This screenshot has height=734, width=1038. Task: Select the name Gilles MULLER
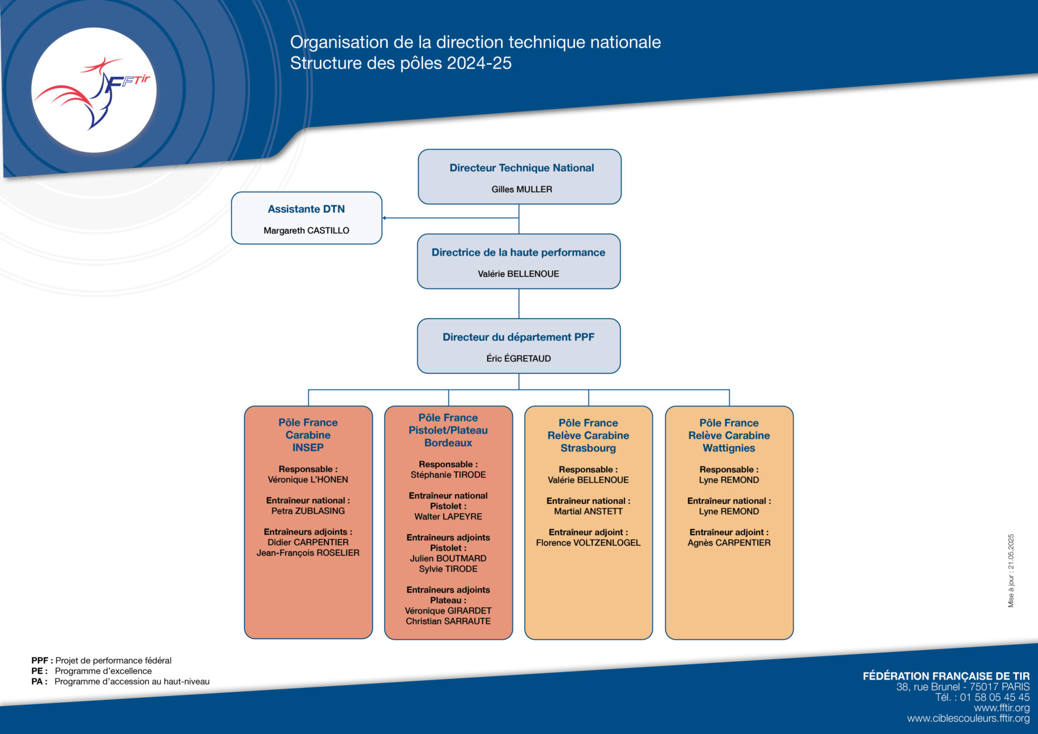tap(522, 190)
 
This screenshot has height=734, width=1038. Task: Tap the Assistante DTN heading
tap(306, 209)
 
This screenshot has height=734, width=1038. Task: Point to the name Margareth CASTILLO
tap(306, 231)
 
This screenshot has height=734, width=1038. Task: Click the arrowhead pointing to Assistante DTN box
tap(384, 218)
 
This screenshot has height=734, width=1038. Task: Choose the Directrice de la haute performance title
tap(518, 253)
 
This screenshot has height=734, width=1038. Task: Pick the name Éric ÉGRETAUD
tap(519, 358)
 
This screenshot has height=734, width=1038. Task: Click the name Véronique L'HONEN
tap(308, 480)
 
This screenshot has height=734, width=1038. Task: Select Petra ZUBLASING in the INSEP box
tap(308, 511)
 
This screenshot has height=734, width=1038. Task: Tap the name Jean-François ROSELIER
tap(308, 553)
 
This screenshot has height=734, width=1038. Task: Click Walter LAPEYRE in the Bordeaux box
tap(448, 517)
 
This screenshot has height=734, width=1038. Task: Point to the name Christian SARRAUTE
tap(448, 621)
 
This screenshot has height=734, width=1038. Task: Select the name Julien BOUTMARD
tap(448, 558)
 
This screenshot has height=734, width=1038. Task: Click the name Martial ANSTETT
tap(588, 511)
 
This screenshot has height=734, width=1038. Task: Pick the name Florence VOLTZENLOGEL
tap(588, 543)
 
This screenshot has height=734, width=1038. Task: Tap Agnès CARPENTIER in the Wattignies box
tap(729, 543)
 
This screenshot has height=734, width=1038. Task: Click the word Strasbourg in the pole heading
tap(588, 448)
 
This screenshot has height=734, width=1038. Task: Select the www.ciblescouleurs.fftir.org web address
tap(968, 718)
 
